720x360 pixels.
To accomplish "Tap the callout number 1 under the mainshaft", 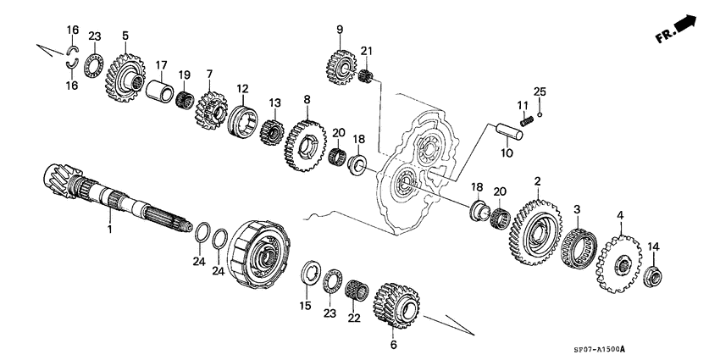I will coord(109,230).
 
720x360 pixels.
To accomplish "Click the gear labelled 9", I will coord(340,64).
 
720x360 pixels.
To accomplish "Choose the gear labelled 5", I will coord(126,73).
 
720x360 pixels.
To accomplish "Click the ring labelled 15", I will coord(311,276).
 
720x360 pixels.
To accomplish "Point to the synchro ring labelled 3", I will coord(577,245).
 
